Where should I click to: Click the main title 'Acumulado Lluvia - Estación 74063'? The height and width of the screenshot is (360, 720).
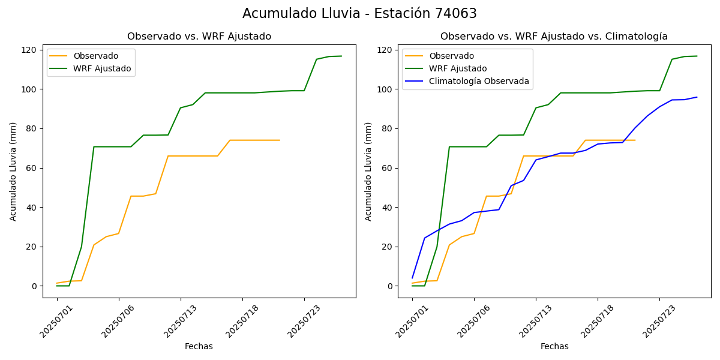click(359, 14)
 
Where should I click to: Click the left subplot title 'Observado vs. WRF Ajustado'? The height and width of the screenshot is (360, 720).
click(199, 37)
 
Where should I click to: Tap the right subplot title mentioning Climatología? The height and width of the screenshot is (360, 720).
click(554, 37)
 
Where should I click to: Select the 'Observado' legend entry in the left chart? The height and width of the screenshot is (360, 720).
click(97, 56)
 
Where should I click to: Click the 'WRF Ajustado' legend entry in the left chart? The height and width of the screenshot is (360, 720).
click(102, 69)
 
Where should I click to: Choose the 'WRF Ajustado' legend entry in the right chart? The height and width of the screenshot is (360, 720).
click(457, 69)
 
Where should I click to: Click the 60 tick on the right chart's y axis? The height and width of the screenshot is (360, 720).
click(388, 168)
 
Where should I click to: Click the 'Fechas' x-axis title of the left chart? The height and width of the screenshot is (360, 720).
click(199, 346)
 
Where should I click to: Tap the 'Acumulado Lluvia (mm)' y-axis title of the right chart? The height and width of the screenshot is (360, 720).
click(368, 172)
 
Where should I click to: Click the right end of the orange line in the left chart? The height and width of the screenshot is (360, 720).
click(280, 140)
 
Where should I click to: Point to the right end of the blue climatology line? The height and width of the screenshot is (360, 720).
click(697, 97)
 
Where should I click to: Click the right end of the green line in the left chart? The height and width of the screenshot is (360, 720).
click(341, 56)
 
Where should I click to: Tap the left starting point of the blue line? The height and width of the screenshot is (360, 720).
click(412, 278)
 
